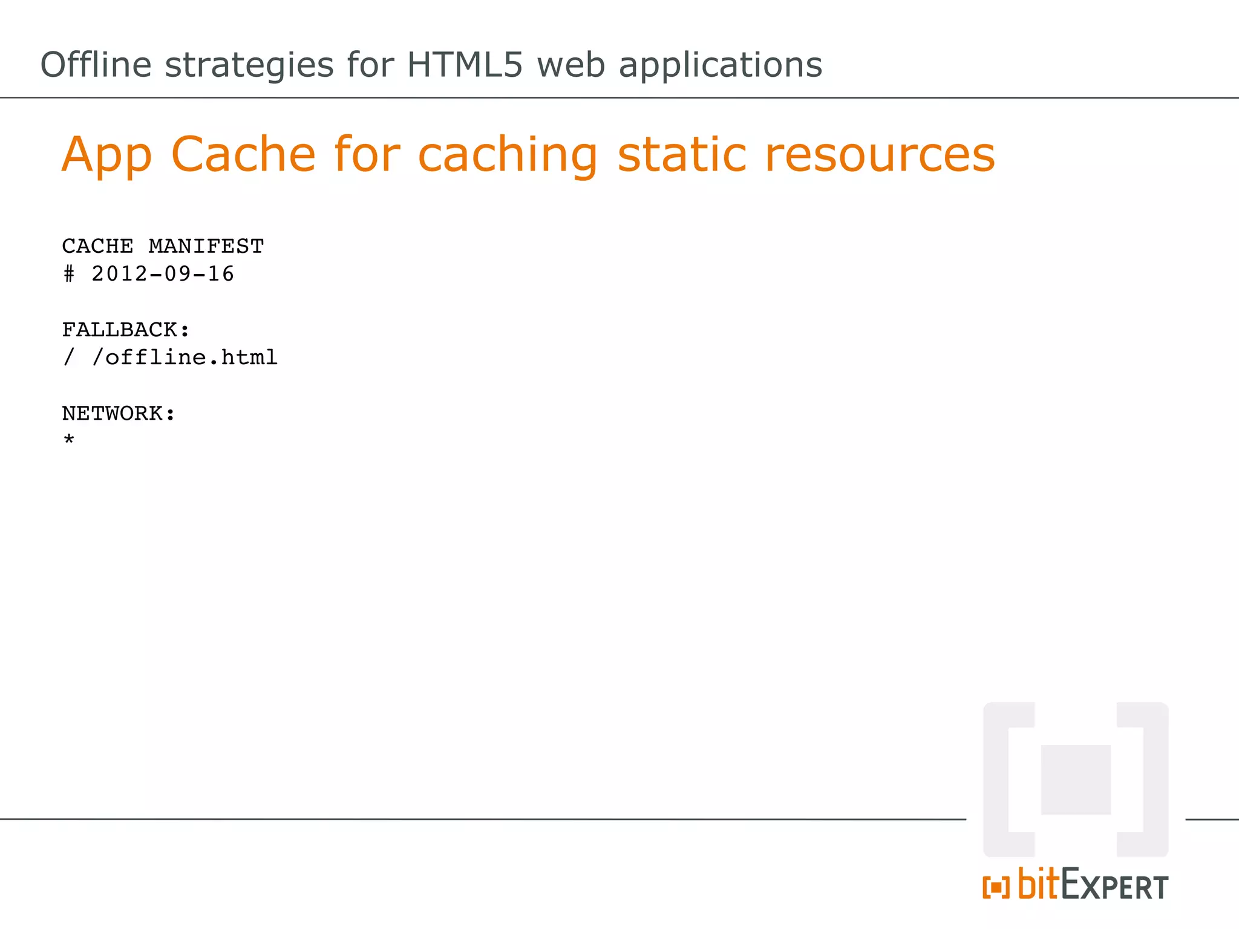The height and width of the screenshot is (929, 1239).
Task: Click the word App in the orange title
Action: coord(106,155)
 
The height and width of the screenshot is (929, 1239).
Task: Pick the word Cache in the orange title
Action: coord(243,154)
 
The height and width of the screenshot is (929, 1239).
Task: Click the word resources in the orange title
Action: coord(880,155)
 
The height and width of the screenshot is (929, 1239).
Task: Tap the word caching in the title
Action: coord(508,155)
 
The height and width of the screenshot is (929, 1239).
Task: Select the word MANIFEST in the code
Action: coord(206,246)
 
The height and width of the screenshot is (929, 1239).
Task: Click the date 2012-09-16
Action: coord(163,274)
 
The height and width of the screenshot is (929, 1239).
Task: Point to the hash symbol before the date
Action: coord(69,274)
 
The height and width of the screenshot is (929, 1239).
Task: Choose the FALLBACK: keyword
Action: coord(126,330)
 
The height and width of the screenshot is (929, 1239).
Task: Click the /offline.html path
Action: coord(185,357)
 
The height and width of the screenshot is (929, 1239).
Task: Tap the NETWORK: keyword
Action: coord(119,413)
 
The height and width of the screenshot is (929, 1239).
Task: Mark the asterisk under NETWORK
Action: coord(69,440)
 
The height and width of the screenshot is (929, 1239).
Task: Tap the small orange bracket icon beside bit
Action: coord(996,888)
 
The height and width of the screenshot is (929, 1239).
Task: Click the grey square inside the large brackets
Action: coord(1076,780)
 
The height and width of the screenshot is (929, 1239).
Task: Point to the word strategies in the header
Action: coord(249,65)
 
